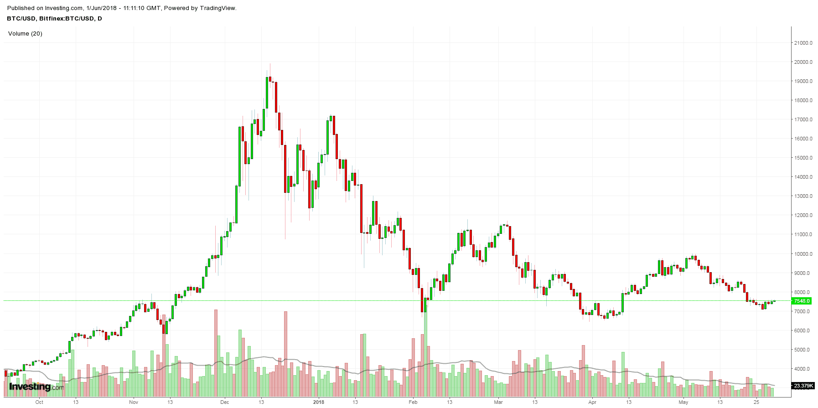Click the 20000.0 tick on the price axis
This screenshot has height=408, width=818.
pyautogui.click(x=803, y=62)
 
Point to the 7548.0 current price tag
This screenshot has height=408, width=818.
pyautogui.click(x=802, y=301)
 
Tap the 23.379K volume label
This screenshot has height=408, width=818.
pyautogui.click(x=803, y=386)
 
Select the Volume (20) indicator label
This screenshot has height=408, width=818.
pyautogui.click(x=25, y=34)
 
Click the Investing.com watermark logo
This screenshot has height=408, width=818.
pyautogui.click(x=36, y=387)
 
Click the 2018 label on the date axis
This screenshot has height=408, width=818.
pyautogui.click(x=319, y=402)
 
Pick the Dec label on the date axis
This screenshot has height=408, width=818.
pyautogui.click(x=224, y=402)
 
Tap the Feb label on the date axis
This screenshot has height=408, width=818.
pyautogui.click(x=413, y=402)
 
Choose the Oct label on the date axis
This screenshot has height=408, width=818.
pyautogui.click(x=39, y=402)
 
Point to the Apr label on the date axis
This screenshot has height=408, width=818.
pyautogui.click(x=592, y=402)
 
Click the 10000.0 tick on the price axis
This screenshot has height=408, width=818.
pyautogui.click(x=803, y=254)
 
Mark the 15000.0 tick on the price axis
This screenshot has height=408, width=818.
pyautogui.click(x=803, y=158)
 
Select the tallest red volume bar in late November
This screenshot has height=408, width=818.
pyautogui.click(x=216, y=351)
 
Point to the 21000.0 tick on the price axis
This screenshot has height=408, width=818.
pyautogui.click(x=803, y=43)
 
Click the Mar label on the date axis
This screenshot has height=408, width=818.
pyautogui.click(x=498, y=402)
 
